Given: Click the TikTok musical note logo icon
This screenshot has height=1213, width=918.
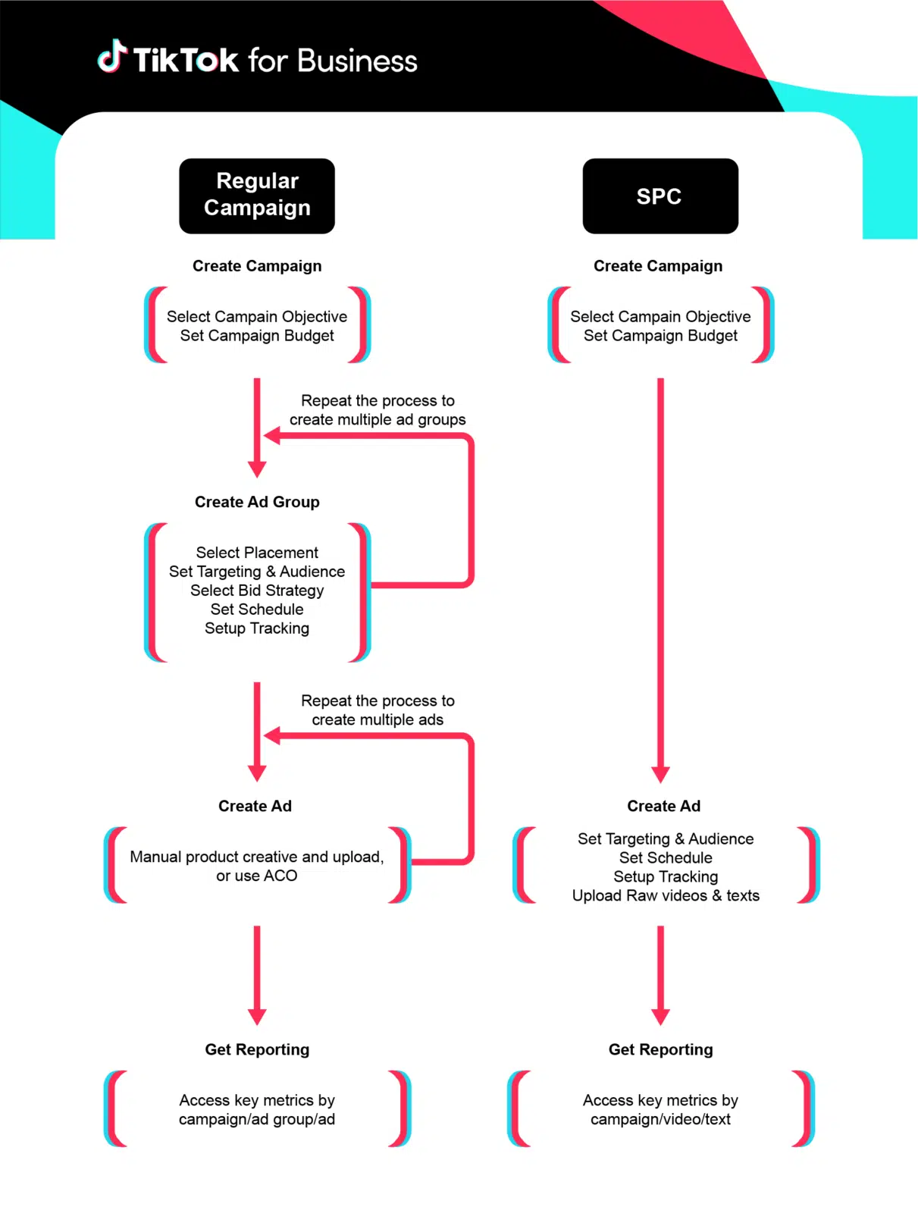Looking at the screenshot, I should pos(111,57).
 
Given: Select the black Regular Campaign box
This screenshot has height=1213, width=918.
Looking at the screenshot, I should pos(257,196).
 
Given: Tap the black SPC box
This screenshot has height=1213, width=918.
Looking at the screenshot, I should pos(660,196).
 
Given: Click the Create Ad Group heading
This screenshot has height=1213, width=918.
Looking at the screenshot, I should pos(257,502).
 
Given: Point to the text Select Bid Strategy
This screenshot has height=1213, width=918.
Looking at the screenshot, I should pos(257,591).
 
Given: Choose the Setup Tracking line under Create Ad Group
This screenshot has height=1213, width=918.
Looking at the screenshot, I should pos(257,628).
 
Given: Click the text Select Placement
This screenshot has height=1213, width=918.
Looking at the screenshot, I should pos(257,553).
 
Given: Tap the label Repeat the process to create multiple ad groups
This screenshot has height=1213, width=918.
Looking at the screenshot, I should pos(378,410).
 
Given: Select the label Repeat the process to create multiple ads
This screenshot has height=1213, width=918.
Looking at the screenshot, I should pos(378,710).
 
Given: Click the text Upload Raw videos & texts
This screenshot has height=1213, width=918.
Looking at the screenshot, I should pos(666,895).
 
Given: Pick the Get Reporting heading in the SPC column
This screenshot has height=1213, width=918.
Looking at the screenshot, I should pos(660,1049).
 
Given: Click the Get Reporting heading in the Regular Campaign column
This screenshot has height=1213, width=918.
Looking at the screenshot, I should pos(257,1049).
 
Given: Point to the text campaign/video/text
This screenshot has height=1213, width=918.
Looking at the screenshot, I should pos(660,1120).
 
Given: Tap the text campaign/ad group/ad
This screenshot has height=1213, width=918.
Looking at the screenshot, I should pos(257,1120).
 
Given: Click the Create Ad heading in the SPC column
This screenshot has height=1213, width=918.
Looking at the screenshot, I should pos(663,806).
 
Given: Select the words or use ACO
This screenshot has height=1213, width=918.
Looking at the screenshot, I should pos(257,876).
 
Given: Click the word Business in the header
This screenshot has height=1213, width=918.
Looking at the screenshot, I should pos(357,61).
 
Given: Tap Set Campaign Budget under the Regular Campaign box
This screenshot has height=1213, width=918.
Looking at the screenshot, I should pos(257,336).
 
